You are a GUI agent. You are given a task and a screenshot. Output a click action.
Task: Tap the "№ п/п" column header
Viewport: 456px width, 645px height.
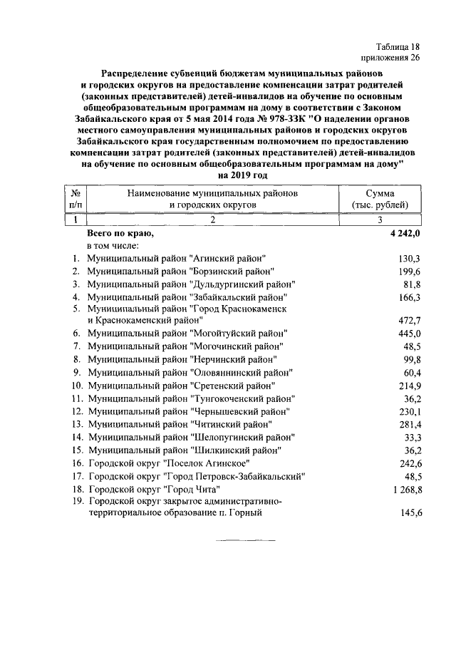(76, 199)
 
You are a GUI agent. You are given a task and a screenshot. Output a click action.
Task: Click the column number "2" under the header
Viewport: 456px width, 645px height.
(212, 220)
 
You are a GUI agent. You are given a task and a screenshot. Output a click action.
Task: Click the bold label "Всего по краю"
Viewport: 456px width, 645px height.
(120, 233)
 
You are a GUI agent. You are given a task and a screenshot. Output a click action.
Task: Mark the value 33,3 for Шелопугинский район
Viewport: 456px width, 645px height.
(412, 438)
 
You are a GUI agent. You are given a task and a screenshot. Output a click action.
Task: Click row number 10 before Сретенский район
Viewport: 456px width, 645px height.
(76, 386)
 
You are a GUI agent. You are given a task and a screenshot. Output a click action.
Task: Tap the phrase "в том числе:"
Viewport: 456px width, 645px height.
(118, 246)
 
